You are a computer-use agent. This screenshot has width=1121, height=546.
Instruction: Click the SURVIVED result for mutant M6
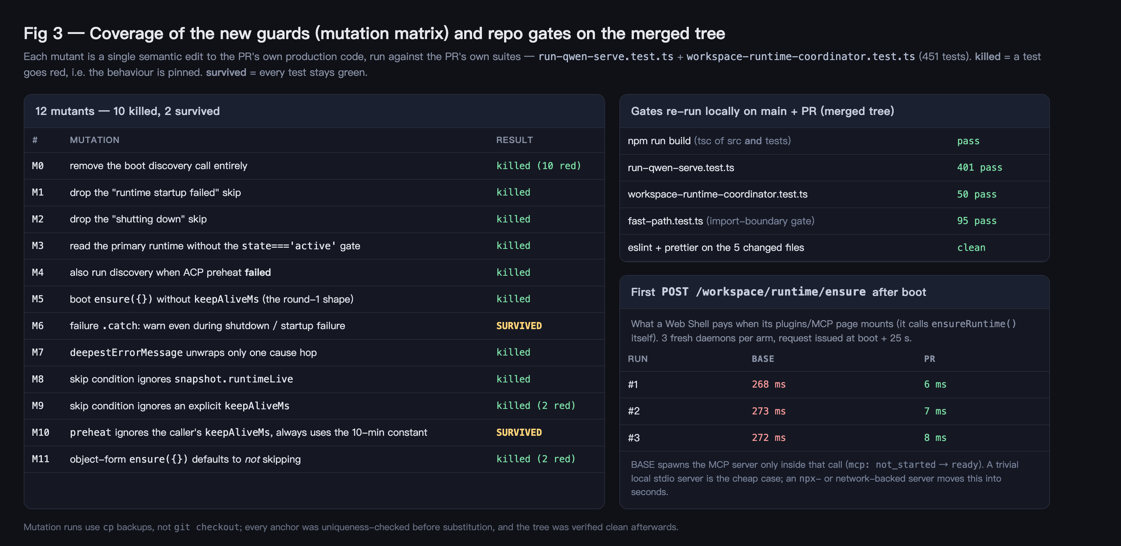[x=519, y=326]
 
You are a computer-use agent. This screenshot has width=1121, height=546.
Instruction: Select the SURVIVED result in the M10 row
[x=519, y=432]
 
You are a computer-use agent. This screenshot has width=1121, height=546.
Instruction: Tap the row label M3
[x=38, y=246]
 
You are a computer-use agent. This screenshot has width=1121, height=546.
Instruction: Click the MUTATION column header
[x=94, y=140]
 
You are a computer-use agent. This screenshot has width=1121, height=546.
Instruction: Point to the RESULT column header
[x=514, y=140]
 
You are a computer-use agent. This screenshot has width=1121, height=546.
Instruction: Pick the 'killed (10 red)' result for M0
[x=539, y=166]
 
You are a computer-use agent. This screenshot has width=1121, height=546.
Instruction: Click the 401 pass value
[x=979, y=168]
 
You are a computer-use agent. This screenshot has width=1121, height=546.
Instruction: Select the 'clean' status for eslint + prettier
[x=971, y=248]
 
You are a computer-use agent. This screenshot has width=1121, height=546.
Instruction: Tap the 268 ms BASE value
[x=769, y=384]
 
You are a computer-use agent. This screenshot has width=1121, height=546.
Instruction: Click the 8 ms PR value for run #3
[x=935, y=438]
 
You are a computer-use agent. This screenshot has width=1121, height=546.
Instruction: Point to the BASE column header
[x=763, y=359]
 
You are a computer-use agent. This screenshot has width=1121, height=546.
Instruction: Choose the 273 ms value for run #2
[x=769, y=411]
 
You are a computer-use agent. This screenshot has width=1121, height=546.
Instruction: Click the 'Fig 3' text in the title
[x=43, y=34]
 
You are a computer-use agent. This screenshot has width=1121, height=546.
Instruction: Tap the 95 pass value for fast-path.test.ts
[x=977, y=221]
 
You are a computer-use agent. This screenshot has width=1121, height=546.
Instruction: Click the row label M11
[x=41, y=459]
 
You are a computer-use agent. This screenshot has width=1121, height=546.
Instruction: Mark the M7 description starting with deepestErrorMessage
[x=193, y=353]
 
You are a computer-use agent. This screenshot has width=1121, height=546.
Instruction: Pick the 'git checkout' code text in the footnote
[x=207, y=527]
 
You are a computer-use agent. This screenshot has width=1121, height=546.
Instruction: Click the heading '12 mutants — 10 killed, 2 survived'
[x=127, y=111]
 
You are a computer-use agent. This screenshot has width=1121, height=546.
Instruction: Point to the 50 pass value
[x=977, y=194]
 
